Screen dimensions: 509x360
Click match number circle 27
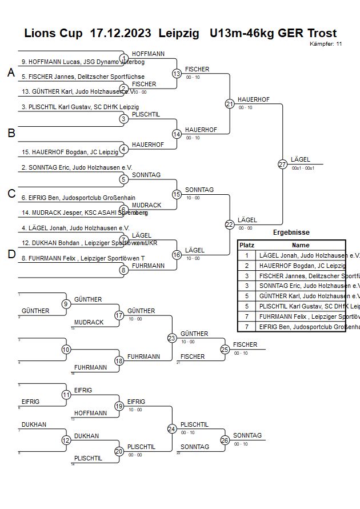pos(282,165)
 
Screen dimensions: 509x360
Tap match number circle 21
pos(230,103)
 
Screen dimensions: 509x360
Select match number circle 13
pos(177,74)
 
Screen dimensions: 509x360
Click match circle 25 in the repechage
pos(225,349)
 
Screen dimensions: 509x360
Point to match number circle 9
pos(66,304)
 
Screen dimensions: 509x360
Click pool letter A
pos(11,73)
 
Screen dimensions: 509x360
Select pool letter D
pos(11,254)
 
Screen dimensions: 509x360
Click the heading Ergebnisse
pos(291,233)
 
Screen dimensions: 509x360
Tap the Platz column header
pos(247,245)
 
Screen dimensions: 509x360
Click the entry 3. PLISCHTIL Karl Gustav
pos(80,107)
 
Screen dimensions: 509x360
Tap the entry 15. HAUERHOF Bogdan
pos(63,152)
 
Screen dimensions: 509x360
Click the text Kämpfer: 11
pos(326,43)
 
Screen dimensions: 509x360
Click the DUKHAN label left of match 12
pos(34,424)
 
